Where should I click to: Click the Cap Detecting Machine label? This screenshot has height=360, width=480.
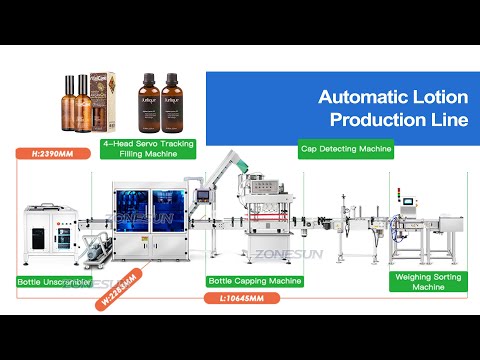click(346, 149)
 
